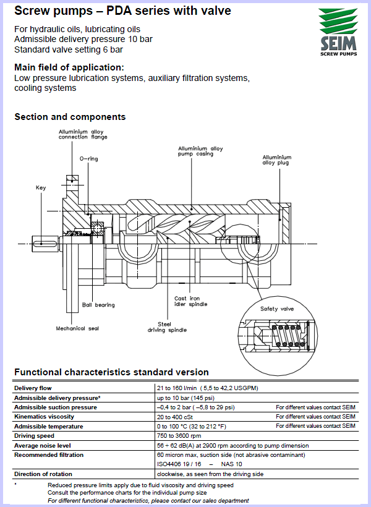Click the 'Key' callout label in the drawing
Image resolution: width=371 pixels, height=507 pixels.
pyautogui.click(x=41, y=187)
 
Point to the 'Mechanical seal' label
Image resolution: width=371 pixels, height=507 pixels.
pyautogui.click(x=77, y=328)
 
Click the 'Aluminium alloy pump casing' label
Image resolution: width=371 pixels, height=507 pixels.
pyautogui.click(x=200, y=151)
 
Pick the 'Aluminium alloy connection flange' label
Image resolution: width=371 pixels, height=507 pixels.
pyautogui.click(x=83, y=134)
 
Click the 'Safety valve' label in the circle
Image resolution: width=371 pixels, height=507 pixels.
pyautogui.click(x=277, y=309)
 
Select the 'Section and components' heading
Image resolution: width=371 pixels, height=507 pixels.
pyautogui.click(x=70, y=117)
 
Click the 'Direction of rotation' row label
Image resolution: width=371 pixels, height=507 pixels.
pyautogui.click(x=43, y=474)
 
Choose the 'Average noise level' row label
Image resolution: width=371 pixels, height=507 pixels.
pyautogui.click(x=45, y=445)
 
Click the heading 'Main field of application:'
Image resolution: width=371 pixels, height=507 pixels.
pyautogui.click(x=69, y=67)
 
